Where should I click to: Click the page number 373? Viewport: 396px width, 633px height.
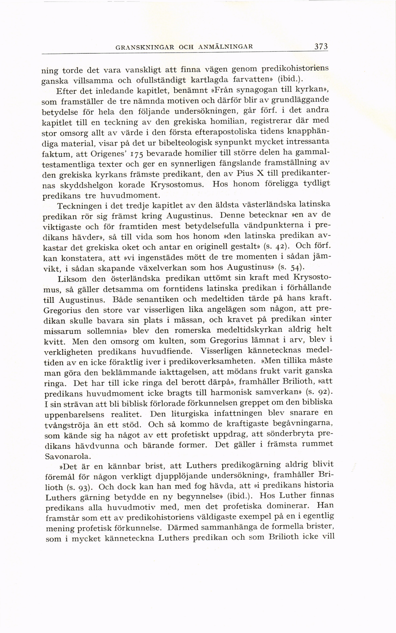(321, 47)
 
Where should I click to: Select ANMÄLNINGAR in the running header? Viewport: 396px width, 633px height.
(226, 47)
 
